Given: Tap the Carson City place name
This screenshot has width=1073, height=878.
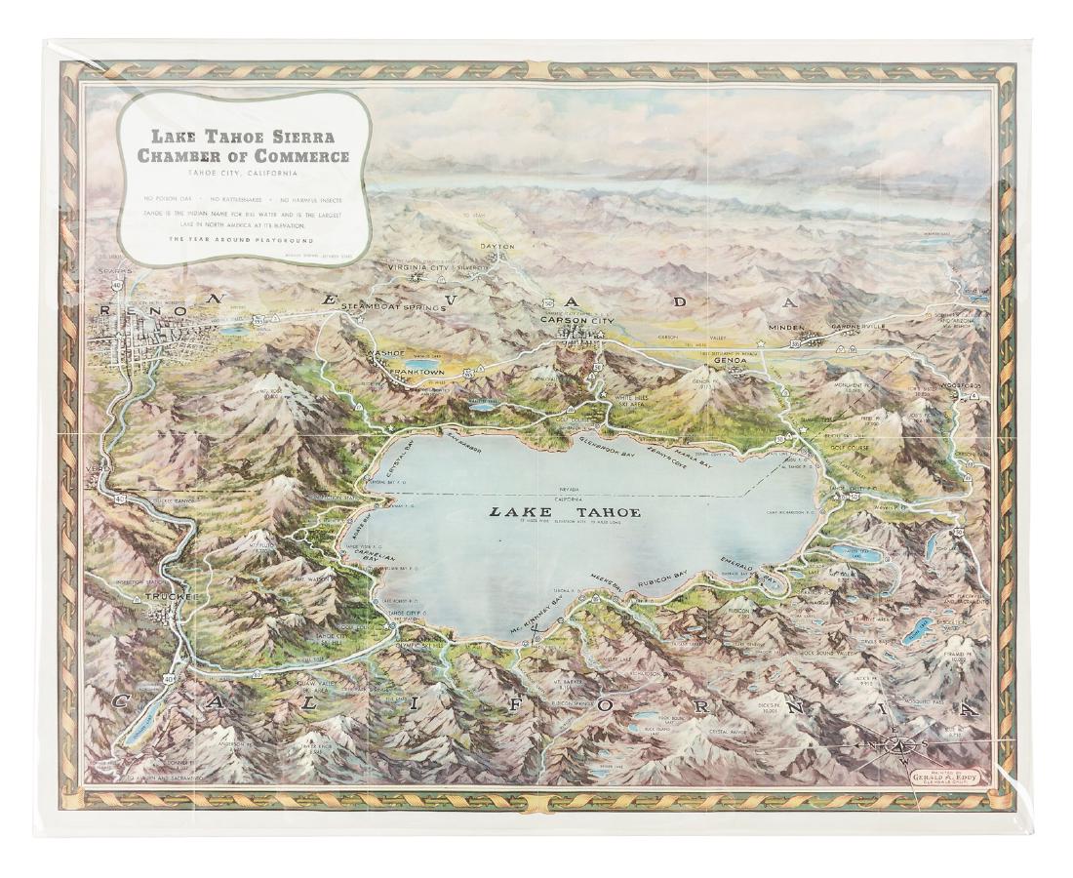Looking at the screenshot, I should [x=577, y=317].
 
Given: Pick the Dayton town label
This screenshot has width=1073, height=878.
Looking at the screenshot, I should [x=496, y=248].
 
